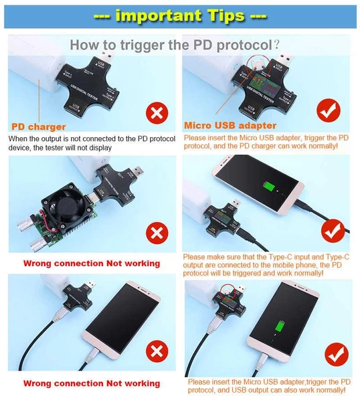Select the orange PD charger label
(39, 126)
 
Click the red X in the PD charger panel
(157, 112)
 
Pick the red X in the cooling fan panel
(157, 233)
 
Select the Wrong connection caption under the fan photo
(92, 263)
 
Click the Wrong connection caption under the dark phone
(92, 383)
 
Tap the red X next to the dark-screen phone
(157, 351)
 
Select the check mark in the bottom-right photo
(336, 353)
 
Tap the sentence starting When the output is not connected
(90, 142)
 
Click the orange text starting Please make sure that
(266, 264)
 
